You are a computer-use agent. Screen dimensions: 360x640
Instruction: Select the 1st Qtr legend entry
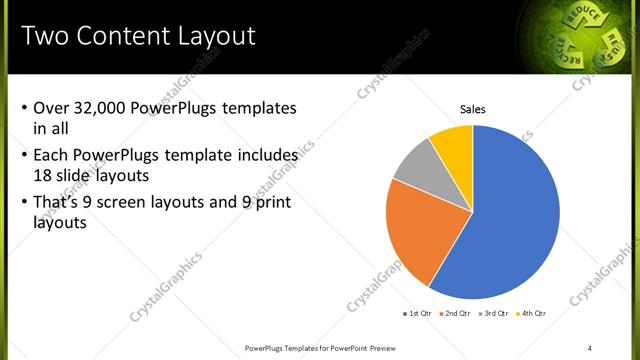(x=417, y=313)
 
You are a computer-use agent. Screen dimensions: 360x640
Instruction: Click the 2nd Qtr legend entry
(x=455, y=313)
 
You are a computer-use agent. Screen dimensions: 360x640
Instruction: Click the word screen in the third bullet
(x=136, y=203)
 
